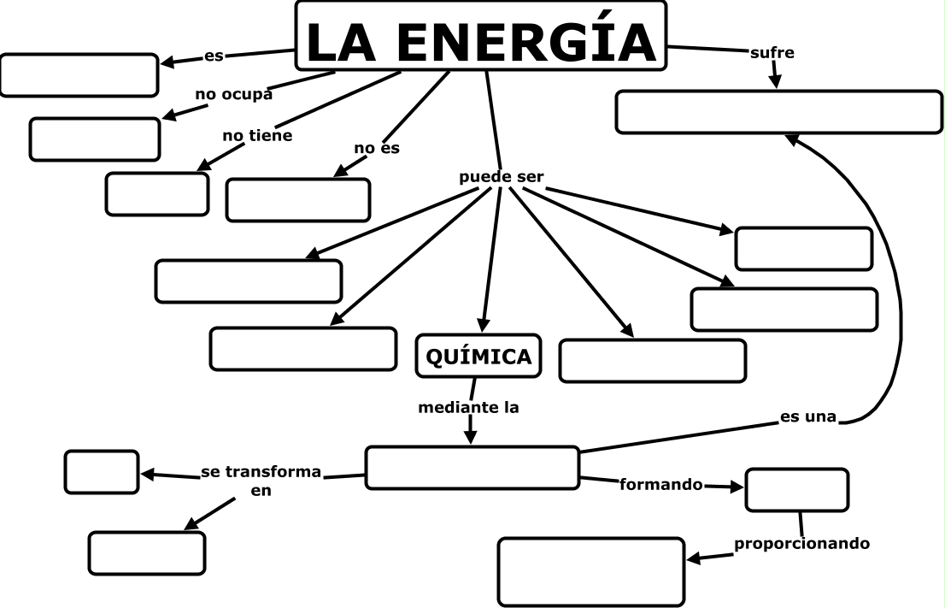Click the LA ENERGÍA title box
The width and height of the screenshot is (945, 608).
(480, 36)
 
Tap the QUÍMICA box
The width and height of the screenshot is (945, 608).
(478, 356)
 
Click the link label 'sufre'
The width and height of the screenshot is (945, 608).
(772, 53)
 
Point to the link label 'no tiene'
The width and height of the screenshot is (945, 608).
(257, 135)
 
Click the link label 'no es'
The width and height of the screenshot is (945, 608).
(377, 148)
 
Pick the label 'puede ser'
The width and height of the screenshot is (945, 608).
(501, 177)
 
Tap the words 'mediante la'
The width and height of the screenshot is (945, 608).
(468, 408)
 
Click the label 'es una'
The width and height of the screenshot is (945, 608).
(807, 418)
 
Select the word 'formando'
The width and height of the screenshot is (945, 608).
(660, 485)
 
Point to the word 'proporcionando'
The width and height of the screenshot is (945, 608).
(801, 543)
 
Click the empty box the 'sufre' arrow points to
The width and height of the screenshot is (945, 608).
(778, 112)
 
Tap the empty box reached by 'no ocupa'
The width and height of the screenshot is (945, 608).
(95, 139)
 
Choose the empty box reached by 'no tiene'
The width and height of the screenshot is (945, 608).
(157, 194)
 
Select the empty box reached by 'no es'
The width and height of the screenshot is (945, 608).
(298, 200)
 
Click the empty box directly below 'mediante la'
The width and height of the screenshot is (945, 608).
(472, 468)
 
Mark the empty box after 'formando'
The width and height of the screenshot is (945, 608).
(796, 490)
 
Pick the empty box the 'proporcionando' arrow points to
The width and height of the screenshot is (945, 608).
(591, 571)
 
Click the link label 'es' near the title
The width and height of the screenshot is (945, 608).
(214, 56)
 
